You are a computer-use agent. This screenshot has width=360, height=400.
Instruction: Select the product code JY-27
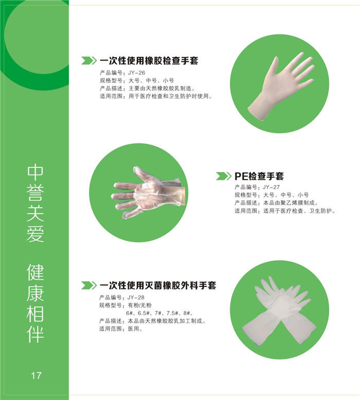[273, 187]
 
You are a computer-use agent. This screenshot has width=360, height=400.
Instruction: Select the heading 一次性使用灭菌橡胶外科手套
[157, 285]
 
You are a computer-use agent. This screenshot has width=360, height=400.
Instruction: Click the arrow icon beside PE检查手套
[223, 176]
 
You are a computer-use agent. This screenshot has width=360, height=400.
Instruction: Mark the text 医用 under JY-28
[135, 329]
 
